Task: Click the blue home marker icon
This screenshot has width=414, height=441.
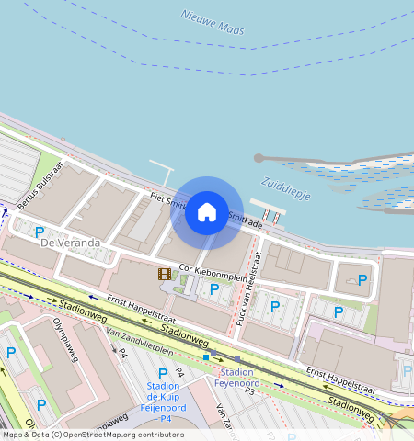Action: point(207,213)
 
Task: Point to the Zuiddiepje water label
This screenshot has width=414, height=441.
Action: point(286,188)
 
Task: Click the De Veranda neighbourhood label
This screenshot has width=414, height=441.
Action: point(71,243)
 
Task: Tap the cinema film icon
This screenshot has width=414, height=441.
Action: point(164,274)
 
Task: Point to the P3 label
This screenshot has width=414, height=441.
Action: point(248,390)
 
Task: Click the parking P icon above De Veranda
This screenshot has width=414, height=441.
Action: point(40,232)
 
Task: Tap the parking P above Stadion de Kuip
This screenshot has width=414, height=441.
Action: point(163,373)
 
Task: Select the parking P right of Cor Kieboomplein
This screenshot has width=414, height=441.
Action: point(214,289)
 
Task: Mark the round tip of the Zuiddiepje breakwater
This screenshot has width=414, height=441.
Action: point(259,159)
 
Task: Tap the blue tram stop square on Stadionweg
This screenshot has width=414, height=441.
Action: point(205,356)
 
